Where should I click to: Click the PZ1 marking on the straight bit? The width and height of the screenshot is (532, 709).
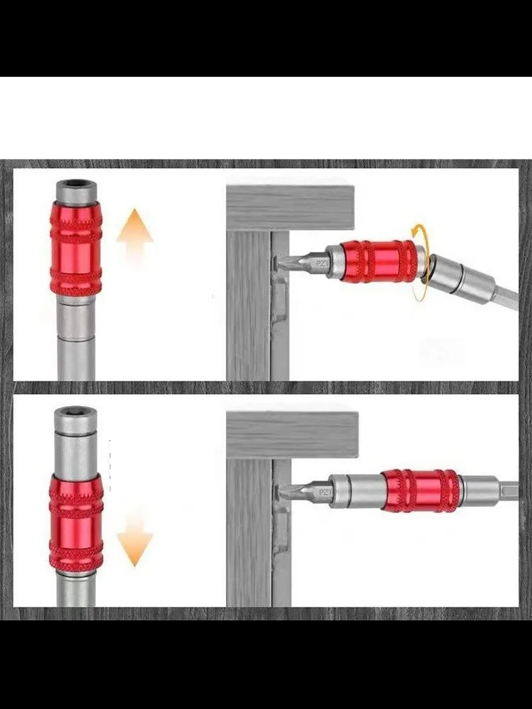coord(326,493)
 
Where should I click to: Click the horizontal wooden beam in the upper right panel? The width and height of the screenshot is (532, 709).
coord(290,208)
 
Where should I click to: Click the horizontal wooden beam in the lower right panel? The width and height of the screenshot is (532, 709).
coord(293,435)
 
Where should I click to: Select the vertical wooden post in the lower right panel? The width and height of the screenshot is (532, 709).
coord(249,533)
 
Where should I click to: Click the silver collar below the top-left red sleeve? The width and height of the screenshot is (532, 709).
coord(76,320)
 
